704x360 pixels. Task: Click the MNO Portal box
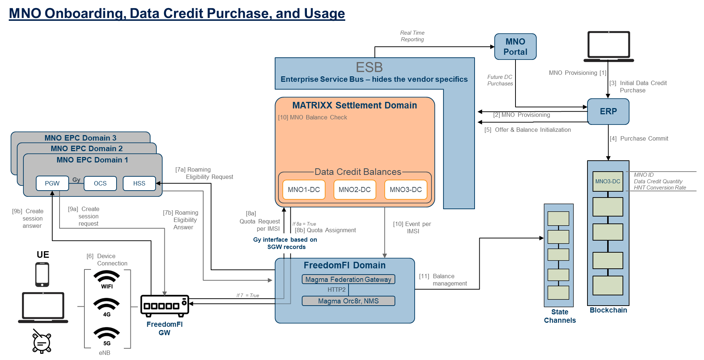(x=515, y=47)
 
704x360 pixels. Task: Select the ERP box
(x=608, y=111)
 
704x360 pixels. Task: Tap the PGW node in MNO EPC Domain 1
(x=52, y=183)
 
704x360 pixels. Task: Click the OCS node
(x=100, y=183)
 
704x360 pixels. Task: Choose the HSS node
(x=139, y=183)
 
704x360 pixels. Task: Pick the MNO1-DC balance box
(x=304, y=189)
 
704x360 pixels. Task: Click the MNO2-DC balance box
(x=354, y=189)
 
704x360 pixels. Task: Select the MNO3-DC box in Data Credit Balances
(x=406, y=189)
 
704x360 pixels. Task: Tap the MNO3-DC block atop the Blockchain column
(x=608, y=181)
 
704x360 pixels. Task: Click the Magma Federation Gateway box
(x=348, y=279)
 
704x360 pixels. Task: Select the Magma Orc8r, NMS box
(x=348, y=301)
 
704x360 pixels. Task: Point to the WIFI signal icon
(x=107, y=280)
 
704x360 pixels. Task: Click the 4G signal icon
(x=107, y=307)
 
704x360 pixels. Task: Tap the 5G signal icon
(x=107, y=336)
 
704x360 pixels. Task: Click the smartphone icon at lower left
(x=42, y=274)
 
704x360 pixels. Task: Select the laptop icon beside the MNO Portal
(x=609, y=46)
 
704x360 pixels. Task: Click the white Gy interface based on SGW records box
(x=288, y=243)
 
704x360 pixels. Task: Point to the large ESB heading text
(x=369, y=67)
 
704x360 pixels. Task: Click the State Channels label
(x=560, y=316)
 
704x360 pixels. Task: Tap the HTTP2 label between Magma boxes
(x=336, y=290)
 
